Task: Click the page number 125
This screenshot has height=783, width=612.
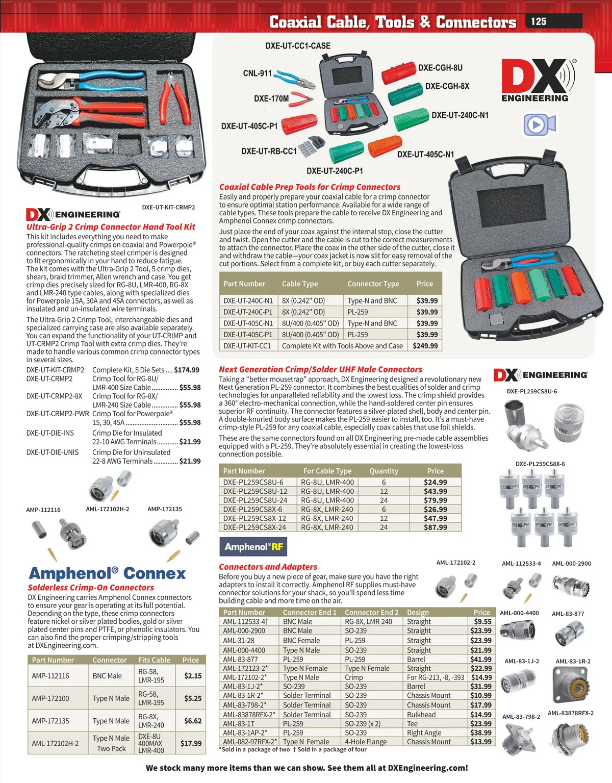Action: pos(539,21)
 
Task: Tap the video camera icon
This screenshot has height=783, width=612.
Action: pos(539,124)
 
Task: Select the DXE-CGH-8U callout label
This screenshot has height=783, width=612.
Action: pos(440,68)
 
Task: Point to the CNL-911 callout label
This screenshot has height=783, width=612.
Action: pos(258,73)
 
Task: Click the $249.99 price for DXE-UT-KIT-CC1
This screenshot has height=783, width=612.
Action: pos(425,346)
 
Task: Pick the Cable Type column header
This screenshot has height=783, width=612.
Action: pos(300,284)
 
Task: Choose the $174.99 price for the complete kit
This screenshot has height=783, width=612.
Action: pos(187,370)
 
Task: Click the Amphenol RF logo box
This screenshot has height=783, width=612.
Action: pos(253,547)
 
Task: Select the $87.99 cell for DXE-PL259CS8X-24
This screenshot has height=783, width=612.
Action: pos(435,527)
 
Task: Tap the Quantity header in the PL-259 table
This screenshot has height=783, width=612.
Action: pos(384,471)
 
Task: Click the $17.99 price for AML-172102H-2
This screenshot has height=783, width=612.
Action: pos(191,743)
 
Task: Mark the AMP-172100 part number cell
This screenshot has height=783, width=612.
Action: pos(50,698)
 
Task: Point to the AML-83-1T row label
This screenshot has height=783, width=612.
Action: pos(239,723)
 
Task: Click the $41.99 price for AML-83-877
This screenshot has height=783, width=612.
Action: pos(481,659)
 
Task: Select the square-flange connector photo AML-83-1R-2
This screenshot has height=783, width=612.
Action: pos(573,684)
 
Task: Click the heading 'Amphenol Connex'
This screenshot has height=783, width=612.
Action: pos(107,573)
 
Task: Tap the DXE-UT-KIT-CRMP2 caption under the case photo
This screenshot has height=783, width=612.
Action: pos(168,207)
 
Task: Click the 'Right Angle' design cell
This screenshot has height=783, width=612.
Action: pos(424,733)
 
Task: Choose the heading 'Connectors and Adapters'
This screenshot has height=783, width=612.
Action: pos(268,567)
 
